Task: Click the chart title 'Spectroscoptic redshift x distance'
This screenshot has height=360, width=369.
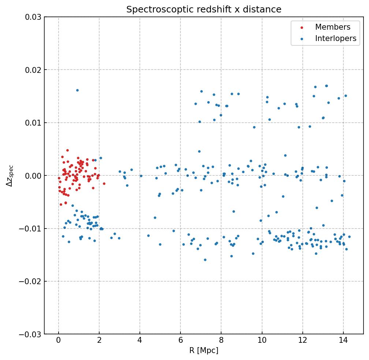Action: coord(204,10)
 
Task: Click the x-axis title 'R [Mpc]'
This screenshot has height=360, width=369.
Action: coord(204,350)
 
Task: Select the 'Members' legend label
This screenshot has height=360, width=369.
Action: coord(333,27)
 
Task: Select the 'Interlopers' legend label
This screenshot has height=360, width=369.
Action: coord(336,38)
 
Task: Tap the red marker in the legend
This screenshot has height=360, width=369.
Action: coord(301,27)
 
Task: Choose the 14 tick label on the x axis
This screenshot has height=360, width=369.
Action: coord(343,341)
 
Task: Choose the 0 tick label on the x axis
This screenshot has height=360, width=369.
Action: coord(59,341)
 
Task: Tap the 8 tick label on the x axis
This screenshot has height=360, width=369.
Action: coord(221,341)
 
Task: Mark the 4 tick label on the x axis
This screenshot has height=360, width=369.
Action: coord(140,341)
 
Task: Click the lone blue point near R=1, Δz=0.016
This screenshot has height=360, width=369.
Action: coord(77,90)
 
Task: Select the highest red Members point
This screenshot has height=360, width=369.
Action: coord(67,150)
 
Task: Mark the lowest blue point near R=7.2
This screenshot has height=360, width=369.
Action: coord(205,260)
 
